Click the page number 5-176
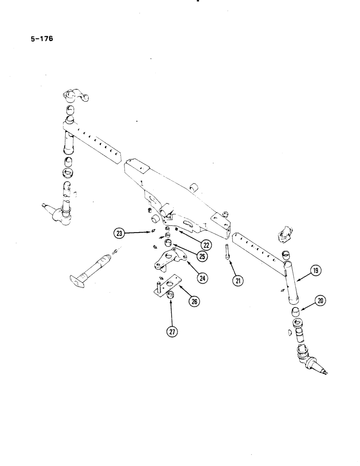tap(41, 39)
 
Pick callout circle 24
tap(201, 278)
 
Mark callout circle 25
tap(202, 256)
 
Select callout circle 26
tap(193, 302)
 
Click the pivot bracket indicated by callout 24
tap(169, 259)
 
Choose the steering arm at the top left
tap(74, 97)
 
